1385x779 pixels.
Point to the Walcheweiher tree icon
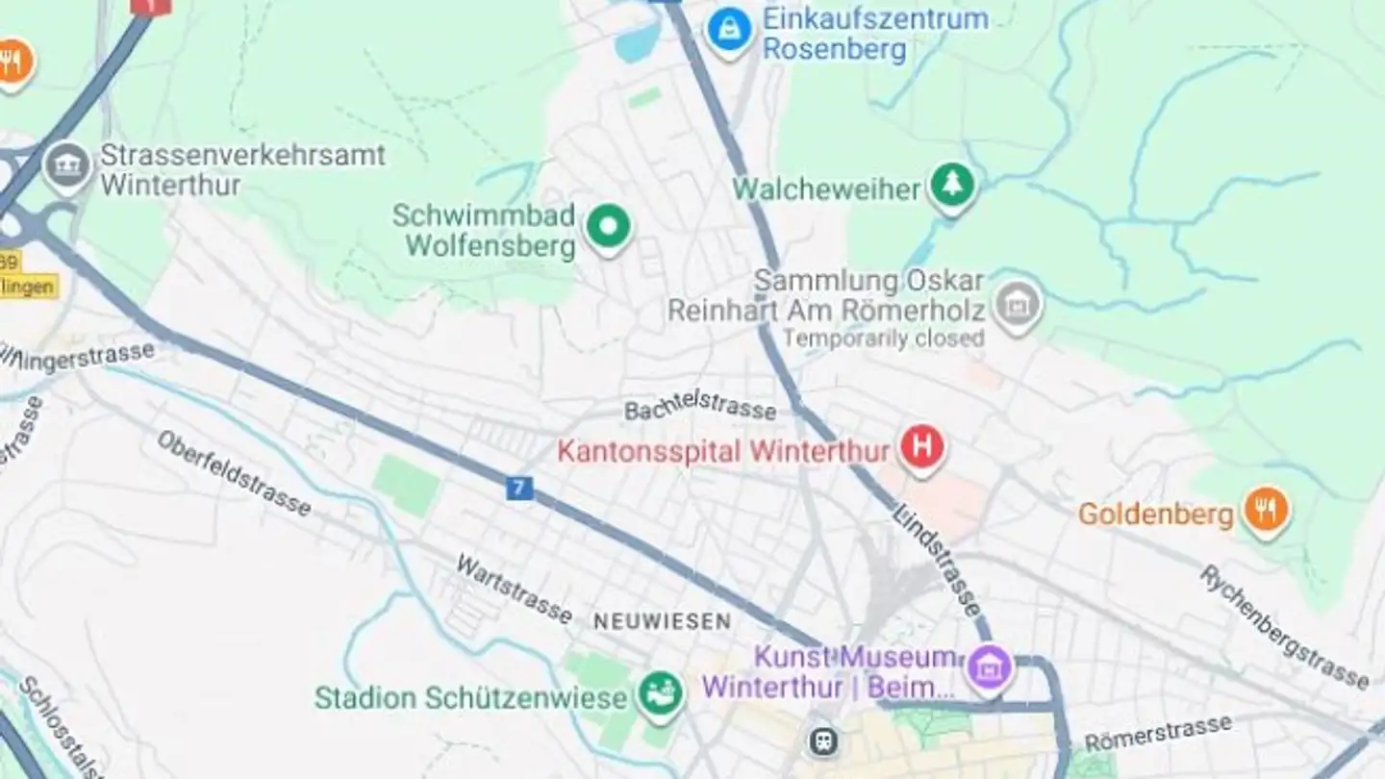pyautogui.click(x=952, y=187)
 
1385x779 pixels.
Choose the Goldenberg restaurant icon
pyautogui.click(x=1266, y=511)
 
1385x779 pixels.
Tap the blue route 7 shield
pyautogui.click(x=519, y=488)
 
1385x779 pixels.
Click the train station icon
pyautogui.click(x=823, y=741)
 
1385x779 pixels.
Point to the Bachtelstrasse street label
pyautogui.click(x=700, y=408)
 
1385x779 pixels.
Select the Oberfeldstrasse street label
pyautogui.click(x=235, y=473)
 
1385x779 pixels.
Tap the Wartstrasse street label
pyautogui.click(x=515, y=589)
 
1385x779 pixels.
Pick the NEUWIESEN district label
pyautogui.click(x=662, y=622)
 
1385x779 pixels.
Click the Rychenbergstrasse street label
pyautogui.click(x=1284, y=627)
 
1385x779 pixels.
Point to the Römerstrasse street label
pyautogui.click(x=1158, y=735)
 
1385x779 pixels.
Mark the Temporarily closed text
pyautogui.click(x=882, y=338)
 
